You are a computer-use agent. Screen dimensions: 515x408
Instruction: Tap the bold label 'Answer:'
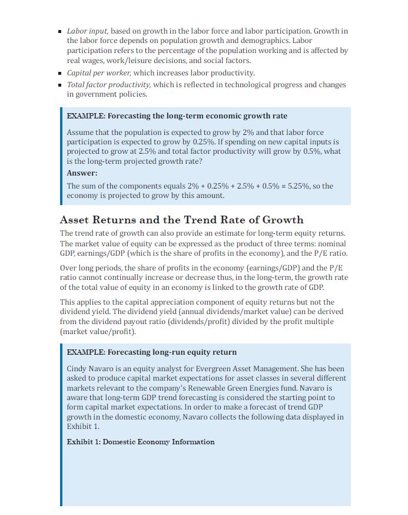82,173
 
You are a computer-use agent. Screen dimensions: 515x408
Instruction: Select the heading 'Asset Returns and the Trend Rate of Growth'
181,220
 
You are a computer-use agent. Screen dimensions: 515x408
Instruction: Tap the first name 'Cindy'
77,369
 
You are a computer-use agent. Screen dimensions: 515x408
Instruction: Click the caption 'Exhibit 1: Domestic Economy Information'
140,441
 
